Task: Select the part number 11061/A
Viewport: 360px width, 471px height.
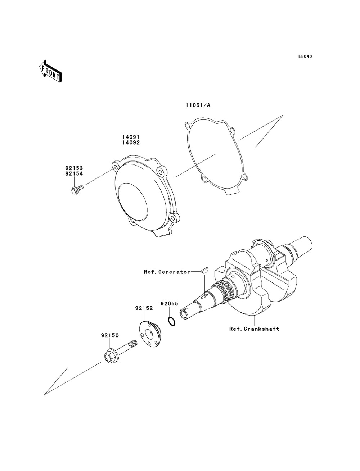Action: [198, 105]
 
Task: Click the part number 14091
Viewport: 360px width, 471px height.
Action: [130, 137]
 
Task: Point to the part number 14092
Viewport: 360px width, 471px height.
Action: [130, 142]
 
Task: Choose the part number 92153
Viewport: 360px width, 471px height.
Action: [74, 168]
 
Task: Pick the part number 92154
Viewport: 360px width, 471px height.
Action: [74, 173]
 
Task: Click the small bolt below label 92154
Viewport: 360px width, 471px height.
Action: [77, 188]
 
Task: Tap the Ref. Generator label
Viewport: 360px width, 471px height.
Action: [167, 272]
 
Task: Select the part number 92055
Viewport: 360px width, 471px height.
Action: [170, 304]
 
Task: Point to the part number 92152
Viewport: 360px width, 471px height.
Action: [144, 308]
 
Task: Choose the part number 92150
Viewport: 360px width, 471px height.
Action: [110, 335]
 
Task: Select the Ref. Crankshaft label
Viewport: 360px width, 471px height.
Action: [254, 329]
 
